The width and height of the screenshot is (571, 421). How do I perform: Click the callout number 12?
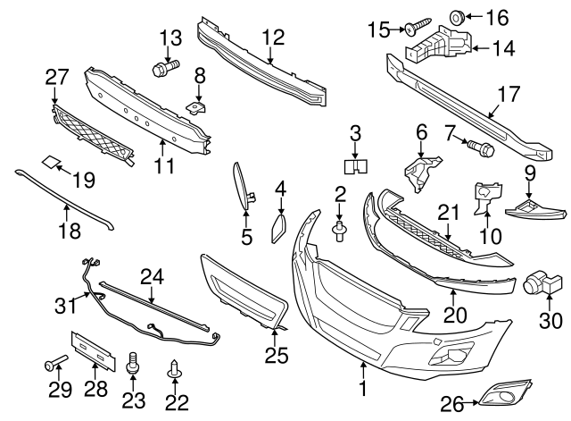273,38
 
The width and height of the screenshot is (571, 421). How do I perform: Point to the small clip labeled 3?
357,165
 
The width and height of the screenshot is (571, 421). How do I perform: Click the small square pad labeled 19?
53,163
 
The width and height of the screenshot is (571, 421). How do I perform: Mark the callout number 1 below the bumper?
363,389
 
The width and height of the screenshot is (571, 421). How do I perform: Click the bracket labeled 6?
422,173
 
